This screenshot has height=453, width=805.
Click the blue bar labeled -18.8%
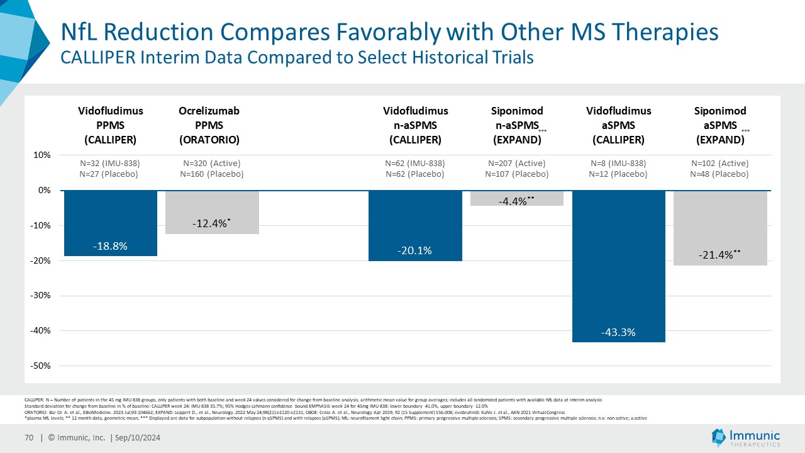coord(111,223)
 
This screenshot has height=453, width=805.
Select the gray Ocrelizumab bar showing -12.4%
coord(212,212)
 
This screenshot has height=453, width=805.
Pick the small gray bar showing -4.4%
coord(517,198)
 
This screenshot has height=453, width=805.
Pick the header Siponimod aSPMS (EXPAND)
coord(720,125)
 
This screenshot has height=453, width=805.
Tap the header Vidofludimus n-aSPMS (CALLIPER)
coord(415,125)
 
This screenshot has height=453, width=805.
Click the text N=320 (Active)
coord(212,164)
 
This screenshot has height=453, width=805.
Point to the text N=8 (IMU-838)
coord(618,164)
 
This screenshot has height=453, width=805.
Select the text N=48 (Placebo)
coord(719,174)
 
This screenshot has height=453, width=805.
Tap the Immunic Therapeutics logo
coord(746,437)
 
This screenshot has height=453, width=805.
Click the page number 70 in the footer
coord(29,437)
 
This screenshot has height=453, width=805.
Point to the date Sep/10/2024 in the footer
coord(138,437)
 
